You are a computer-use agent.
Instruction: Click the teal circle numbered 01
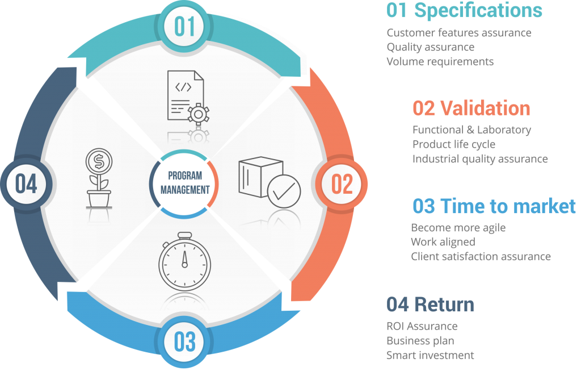184,27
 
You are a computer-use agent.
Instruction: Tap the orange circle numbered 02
341,184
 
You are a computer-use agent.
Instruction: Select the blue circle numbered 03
184,341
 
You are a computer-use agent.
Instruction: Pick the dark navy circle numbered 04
26,184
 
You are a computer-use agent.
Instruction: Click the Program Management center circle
184,184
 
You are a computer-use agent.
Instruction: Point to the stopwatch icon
184,261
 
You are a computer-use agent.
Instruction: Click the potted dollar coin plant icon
99,178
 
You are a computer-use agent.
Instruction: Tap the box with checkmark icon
270,182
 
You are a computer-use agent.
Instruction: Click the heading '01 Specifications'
464,10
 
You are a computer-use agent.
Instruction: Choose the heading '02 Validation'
471,109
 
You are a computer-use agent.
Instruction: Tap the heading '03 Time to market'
494,206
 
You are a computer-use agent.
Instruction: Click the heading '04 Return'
430,305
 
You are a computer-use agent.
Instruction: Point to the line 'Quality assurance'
431,47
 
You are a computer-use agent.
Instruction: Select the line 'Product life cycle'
454,144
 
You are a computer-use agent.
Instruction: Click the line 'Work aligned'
443,242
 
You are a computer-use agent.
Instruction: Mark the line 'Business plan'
420,340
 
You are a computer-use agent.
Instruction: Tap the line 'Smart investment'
430,355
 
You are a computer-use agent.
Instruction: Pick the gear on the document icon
198,114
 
